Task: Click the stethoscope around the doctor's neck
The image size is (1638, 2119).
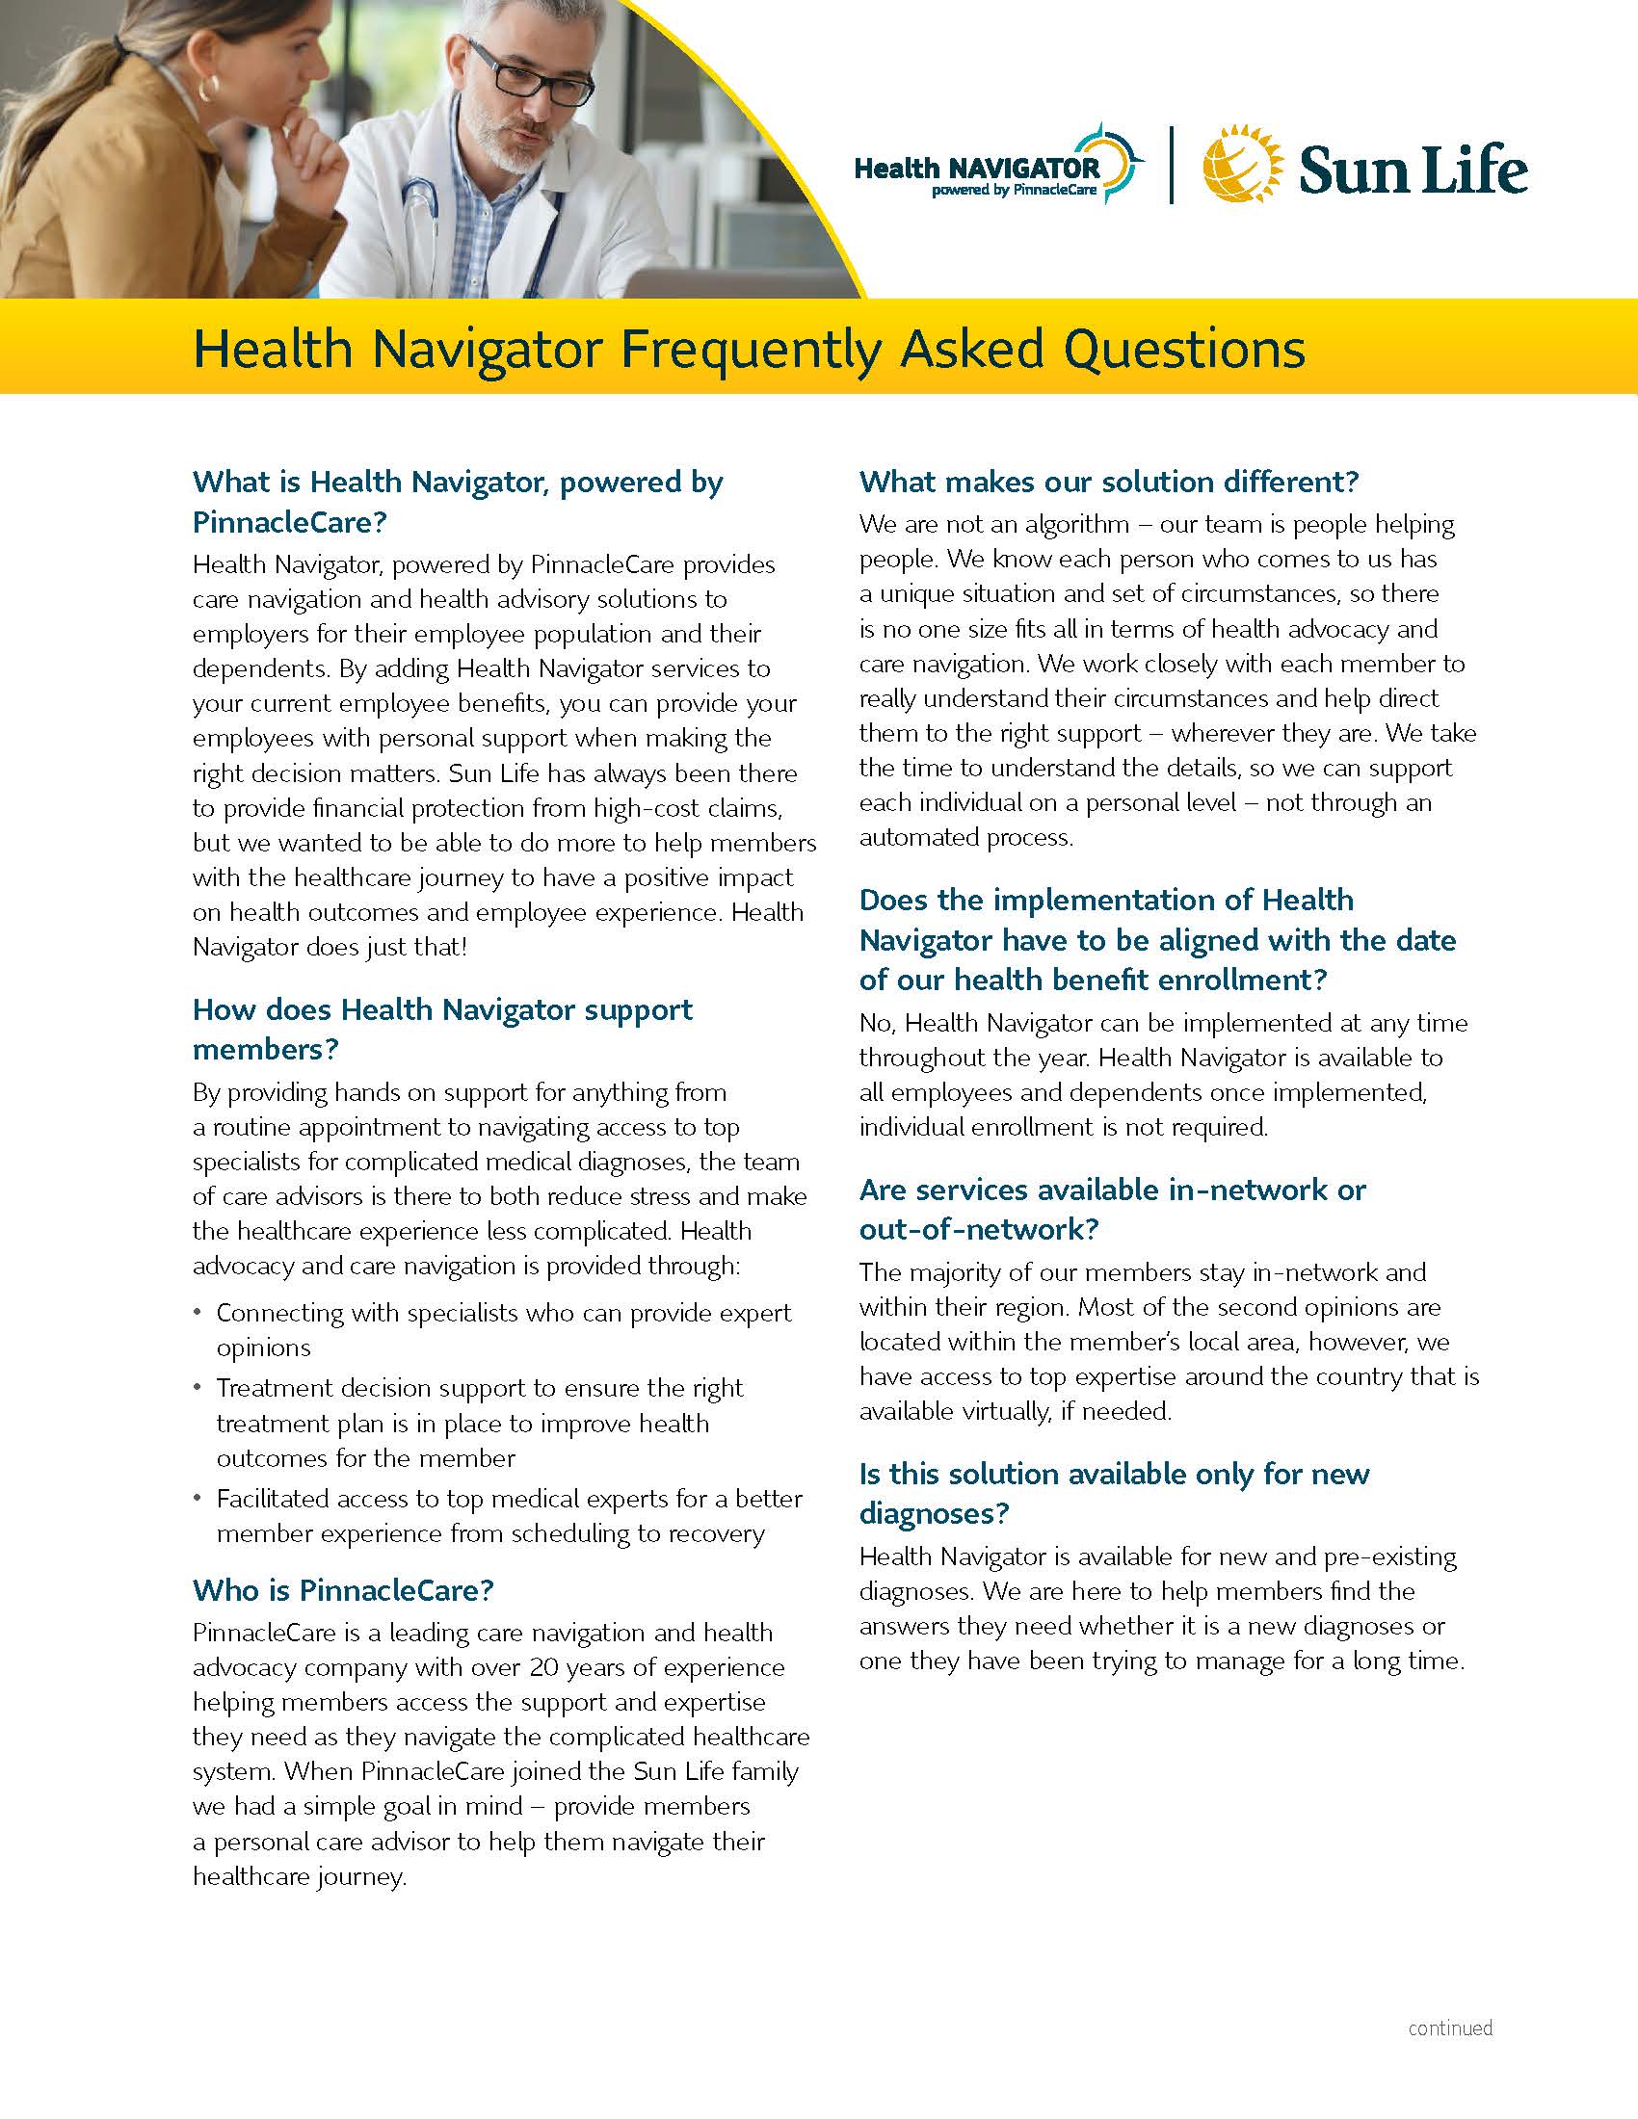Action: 419,209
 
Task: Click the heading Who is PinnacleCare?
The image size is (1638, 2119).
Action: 343,1589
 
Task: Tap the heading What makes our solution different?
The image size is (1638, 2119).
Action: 1108,482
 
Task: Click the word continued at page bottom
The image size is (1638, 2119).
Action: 1450,2027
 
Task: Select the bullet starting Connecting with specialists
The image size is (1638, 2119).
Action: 503,1329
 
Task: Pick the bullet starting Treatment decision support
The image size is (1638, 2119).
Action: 480,1423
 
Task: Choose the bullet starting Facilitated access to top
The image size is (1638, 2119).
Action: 509,1515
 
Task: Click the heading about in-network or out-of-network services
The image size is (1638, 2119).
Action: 1111,1209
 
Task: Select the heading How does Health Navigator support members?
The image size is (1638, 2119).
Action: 441,1029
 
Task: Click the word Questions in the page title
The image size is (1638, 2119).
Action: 1184,350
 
